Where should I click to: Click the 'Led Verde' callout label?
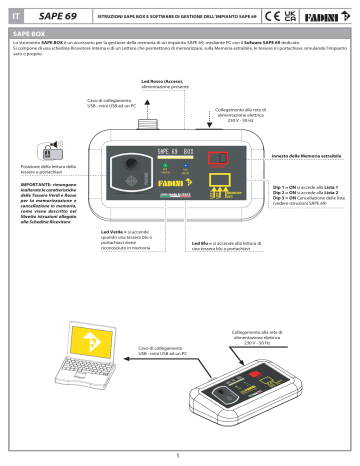pyautogui.click(x=113, y=231)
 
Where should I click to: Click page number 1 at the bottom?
pyautogui.click(x=180, y=456)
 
